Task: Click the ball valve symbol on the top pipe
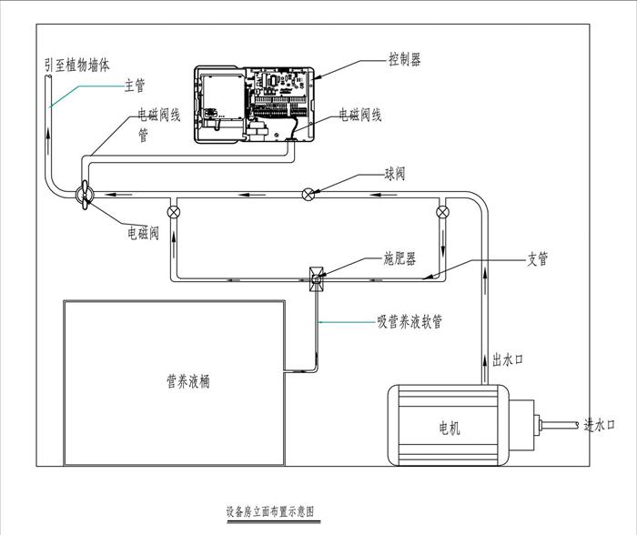pos(309,193)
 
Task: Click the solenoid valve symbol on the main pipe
pos(82,193)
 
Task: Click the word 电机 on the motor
pos(449,428)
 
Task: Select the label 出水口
pos(507,359)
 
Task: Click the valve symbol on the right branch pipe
pos(442,213)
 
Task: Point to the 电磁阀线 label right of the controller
pos(360,115)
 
